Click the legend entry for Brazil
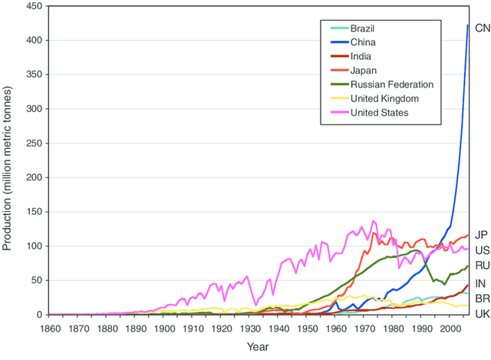click(x=365, y=28)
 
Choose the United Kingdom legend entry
click(x=383, y=99)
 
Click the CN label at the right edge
click(x=483, y=28)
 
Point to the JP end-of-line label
click(x=482, y=235)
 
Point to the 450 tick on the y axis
click(x=33, y=6)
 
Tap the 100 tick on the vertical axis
click(x=33, y=246)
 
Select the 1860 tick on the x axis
click(x=48, y=329)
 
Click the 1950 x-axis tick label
click(x=307, y=329)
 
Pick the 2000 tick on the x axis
click(x=450, y=329)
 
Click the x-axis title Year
click(x=258, y=348)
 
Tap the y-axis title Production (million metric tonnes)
click(x=8, y=161)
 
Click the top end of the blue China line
click(x=468, y=25)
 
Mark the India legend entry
click(x=361, y=56)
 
